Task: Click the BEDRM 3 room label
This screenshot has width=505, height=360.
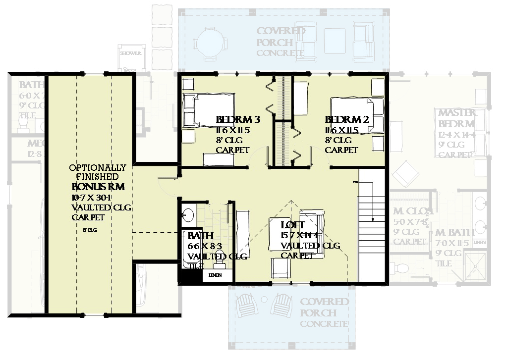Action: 238,120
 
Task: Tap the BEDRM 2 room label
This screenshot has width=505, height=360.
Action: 347,120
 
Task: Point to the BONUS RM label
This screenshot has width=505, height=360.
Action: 98,187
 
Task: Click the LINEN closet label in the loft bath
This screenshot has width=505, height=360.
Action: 215,275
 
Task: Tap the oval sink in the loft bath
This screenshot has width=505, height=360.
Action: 188,214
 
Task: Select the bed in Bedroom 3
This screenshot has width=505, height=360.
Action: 198,110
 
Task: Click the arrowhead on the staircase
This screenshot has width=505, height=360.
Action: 372,218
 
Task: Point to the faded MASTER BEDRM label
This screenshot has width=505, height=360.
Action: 456,118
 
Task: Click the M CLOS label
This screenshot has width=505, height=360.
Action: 412,211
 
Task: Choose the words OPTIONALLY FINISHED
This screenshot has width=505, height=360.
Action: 98,172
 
